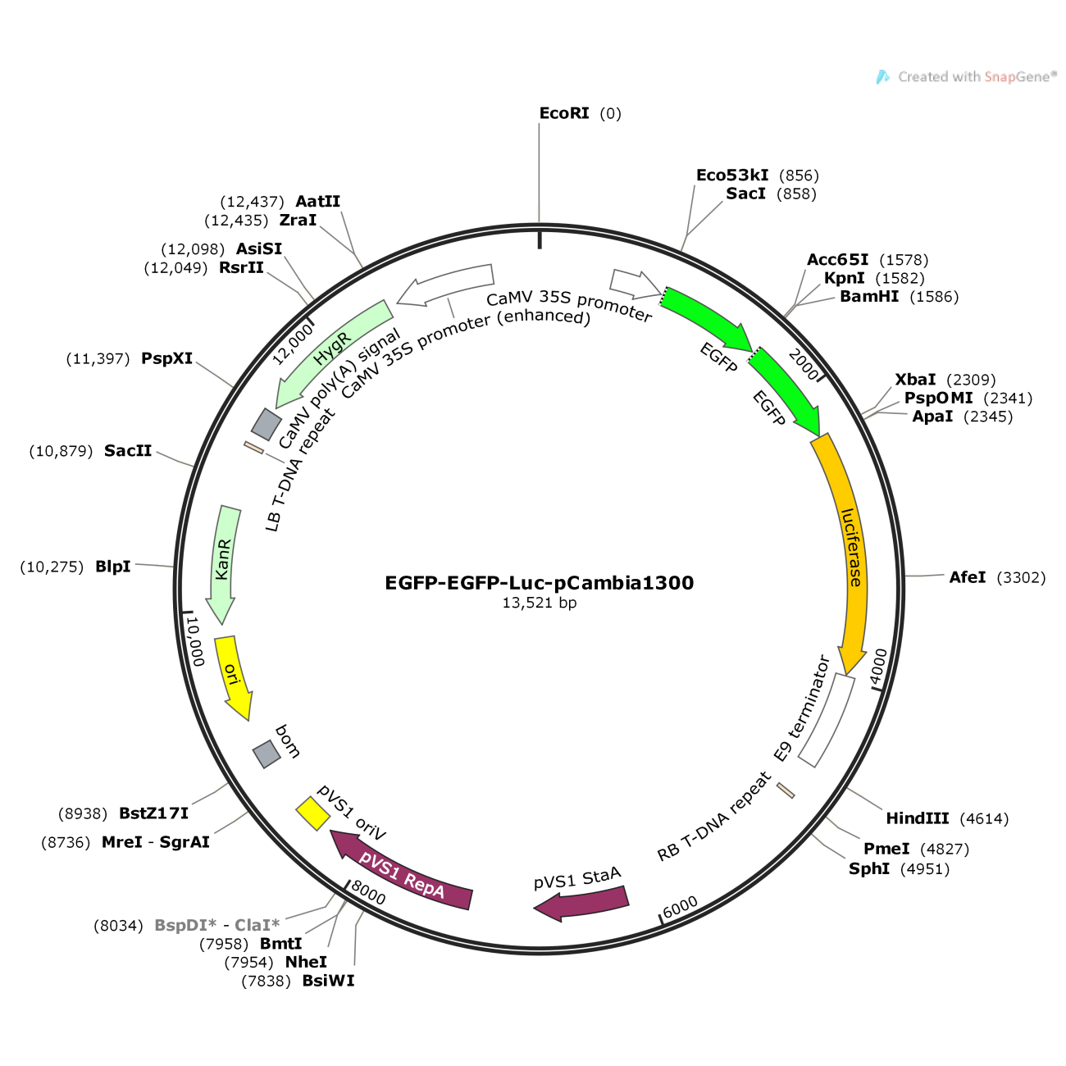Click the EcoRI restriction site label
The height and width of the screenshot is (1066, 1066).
564,113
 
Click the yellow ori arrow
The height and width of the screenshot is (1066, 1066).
233,676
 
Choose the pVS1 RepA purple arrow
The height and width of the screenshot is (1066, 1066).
402,874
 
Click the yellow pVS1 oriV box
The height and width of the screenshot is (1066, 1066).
312,813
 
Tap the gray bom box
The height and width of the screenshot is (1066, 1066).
266,754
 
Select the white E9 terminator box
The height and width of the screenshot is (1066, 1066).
827,720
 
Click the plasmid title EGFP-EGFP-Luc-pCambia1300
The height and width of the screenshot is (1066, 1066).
540,583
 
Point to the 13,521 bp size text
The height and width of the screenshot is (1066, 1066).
540,603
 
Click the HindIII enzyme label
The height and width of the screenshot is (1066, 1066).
917,818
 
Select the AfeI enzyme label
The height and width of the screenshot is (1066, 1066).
968,577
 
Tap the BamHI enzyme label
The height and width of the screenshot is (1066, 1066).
869,297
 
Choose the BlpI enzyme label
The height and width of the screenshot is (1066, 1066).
113,567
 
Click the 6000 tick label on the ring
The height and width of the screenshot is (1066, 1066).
681,907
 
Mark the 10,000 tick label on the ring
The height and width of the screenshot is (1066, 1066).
195,641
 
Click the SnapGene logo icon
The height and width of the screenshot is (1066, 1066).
882,77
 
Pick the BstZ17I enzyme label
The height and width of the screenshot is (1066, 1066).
154,813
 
